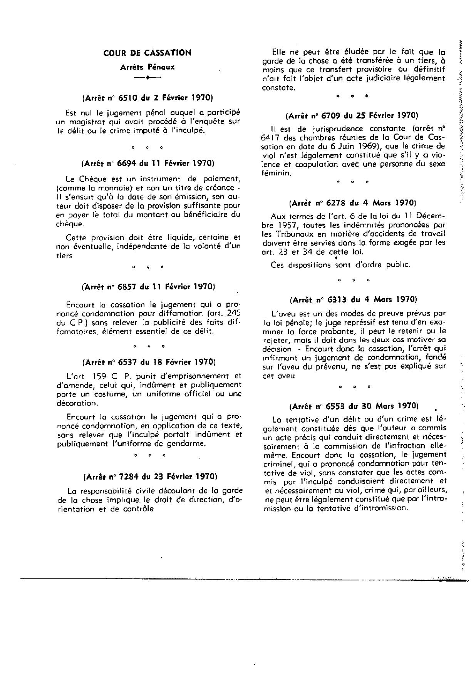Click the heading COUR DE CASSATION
(x=147, y=53)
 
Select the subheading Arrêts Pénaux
(x=147, y=67)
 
